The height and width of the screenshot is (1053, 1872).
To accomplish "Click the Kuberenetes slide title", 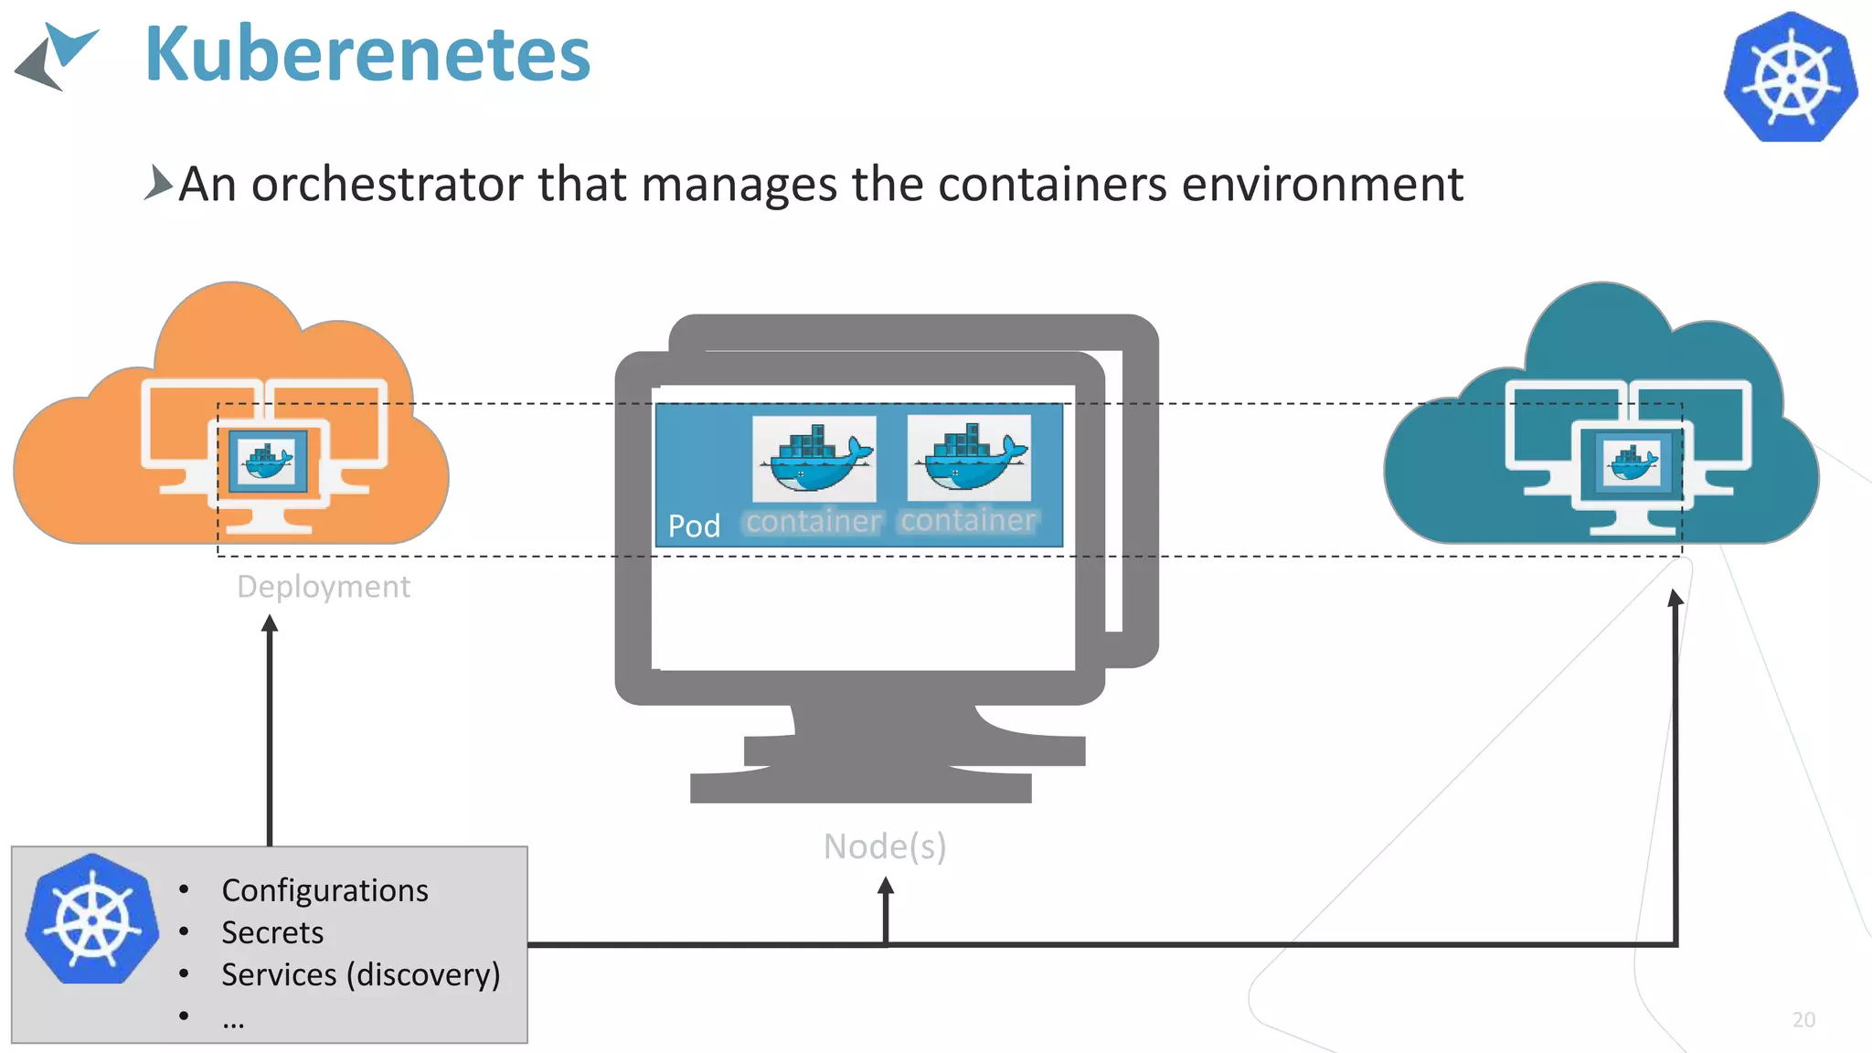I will coord(367,55).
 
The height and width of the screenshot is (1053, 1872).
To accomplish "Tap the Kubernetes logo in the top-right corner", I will coord(1790,77).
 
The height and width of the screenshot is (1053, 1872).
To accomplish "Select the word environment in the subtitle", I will coord(1322,184).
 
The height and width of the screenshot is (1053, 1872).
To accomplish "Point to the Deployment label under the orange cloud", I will coord(324,586).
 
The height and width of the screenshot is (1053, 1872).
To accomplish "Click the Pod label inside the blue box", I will coord(694,526).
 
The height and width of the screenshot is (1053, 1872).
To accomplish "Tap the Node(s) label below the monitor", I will coord(885,846).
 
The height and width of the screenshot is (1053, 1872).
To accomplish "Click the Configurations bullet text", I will coord(324,890).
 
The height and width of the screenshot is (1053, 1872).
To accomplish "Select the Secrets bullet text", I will coord(272,932).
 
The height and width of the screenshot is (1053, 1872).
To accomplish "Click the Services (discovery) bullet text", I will coord(360,974).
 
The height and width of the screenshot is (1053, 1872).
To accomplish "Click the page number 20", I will coord(1803,1020).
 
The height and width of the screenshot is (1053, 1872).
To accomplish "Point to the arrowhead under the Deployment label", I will coord(270,624).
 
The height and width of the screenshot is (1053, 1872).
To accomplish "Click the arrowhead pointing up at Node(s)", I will coord(886,886).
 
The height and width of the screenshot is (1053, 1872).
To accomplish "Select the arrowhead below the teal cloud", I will coord(1675,599).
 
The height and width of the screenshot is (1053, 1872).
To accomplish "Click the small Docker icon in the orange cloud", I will coord(267,460).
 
